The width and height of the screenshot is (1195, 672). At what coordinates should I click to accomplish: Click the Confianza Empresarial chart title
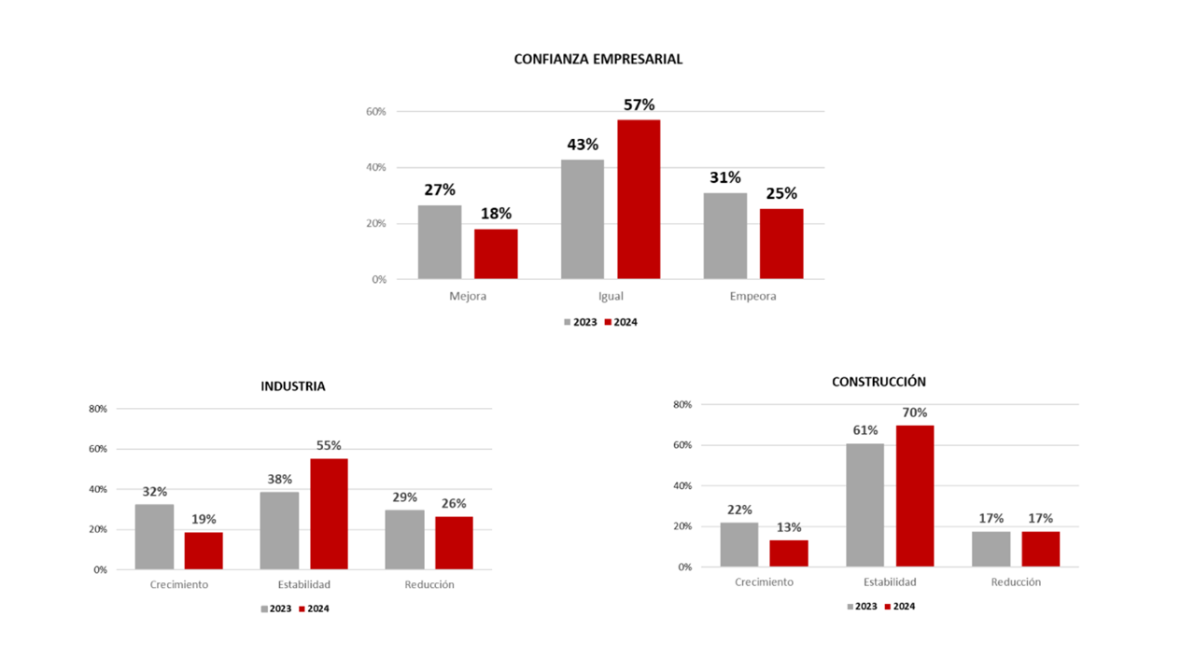(598, 59)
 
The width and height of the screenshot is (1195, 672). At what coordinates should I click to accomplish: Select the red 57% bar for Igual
(639, 199)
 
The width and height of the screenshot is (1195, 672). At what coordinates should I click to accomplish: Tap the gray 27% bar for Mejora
(440, 242)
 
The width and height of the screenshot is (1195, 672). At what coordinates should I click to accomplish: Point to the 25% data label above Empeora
(781, 193)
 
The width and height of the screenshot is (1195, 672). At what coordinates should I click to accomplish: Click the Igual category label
(611, 296)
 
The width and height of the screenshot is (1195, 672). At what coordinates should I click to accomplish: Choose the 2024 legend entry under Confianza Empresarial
(621, 322)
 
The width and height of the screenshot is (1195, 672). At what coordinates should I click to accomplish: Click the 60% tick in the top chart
(375, 111)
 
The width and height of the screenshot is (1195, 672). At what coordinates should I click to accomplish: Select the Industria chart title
(293, 386)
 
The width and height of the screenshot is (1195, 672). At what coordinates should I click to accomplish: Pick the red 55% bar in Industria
(329, 513)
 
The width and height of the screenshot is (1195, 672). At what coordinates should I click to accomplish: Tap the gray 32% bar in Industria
(154, 537)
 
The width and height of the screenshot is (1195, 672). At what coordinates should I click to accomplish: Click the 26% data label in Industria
(454, 503)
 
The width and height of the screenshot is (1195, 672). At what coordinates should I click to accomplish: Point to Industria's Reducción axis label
(429, 584)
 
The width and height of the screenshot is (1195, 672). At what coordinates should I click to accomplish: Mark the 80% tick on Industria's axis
(98, 409)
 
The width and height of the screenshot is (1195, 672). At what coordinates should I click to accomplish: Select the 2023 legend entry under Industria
(276, 609)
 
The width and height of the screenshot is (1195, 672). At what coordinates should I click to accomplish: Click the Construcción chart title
(879, 382)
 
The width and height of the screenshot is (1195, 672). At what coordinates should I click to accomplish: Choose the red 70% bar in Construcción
(915, 496)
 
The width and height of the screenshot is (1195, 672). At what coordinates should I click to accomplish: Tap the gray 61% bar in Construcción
(865, 505)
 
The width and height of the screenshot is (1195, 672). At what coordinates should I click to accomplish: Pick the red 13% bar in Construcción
(789, 553)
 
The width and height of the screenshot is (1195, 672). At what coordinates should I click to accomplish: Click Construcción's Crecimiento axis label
(764, 581)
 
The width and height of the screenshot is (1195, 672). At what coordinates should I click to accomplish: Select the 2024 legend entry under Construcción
(900, 607)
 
